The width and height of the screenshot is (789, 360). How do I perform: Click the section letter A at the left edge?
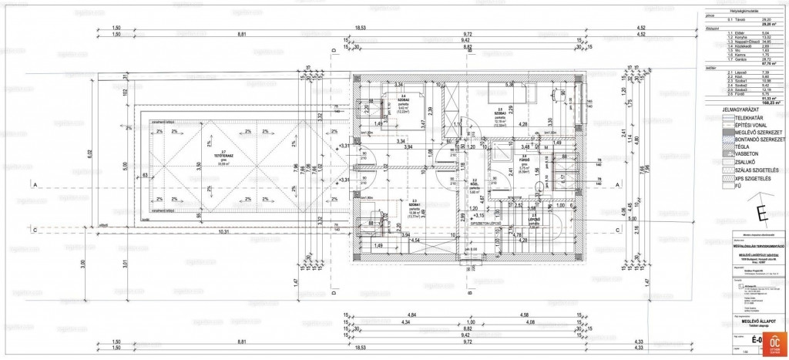click(x=34, y=184)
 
